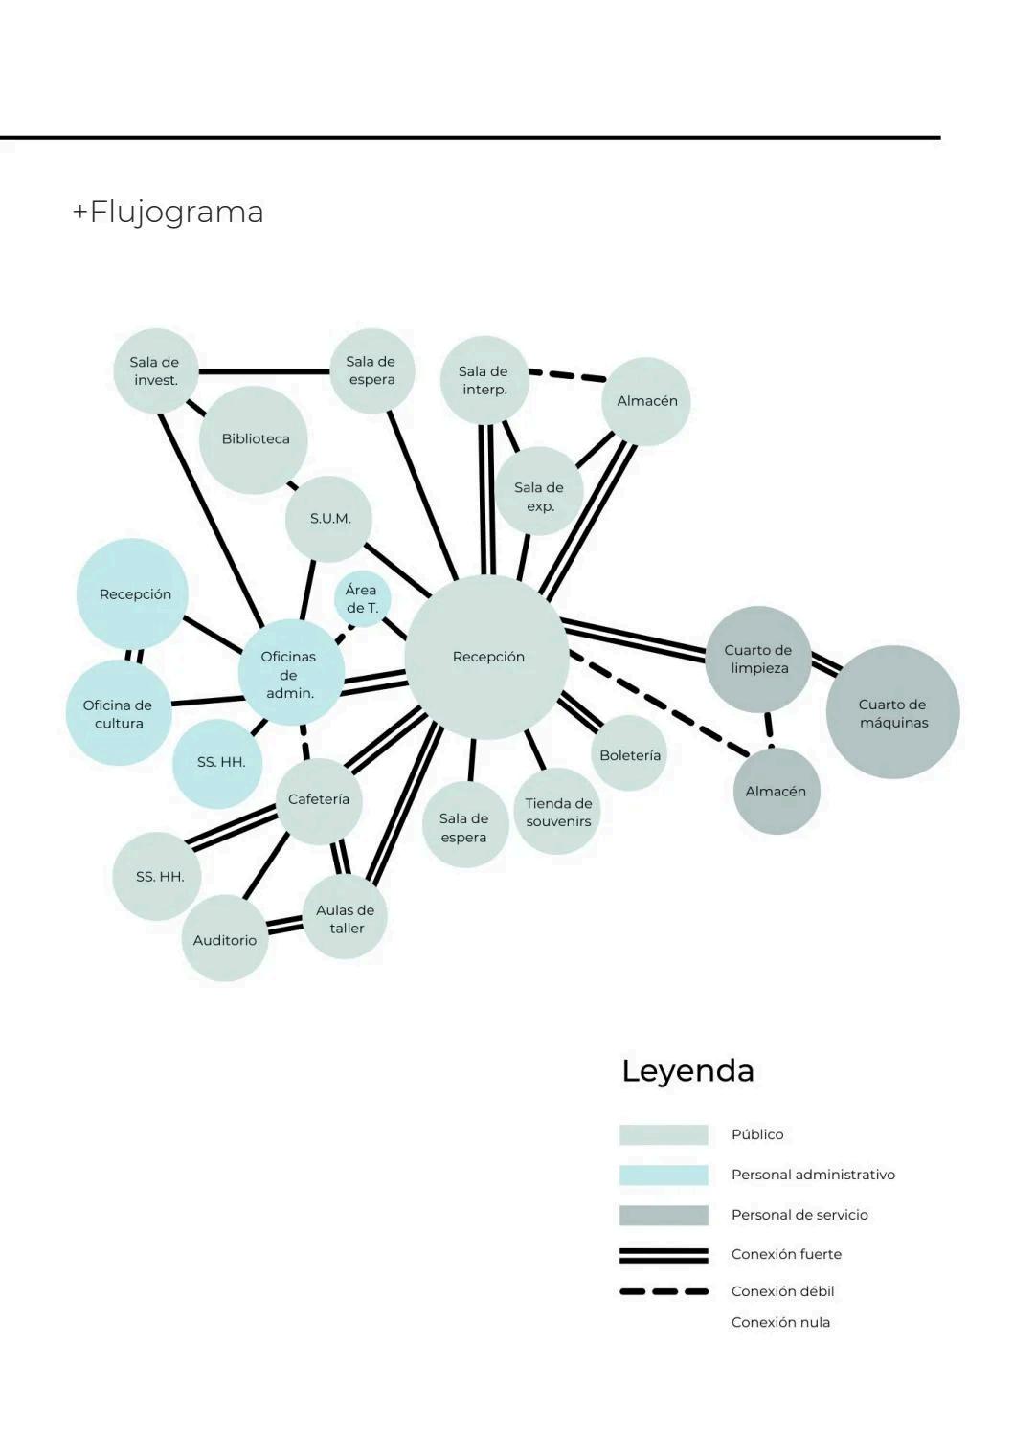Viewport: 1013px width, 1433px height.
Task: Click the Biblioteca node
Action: pos(254,439)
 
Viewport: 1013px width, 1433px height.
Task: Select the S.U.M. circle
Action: pos(329,519)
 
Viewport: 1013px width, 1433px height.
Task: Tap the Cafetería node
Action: pos(319,800)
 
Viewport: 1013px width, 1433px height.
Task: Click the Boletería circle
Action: pos(629,755)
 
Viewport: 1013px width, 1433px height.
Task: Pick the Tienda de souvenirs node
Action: pos(558,812)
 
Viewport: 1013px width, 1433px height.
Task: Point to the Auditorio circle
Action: pos(225,940)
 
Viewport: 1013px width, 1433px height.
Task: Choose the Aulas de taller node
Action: pos(346,919)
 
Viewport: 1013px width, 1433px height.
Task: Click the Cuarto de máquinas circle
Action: pos(892,713)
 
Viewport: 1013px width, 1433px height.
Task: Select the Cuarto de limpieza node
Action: pos(758,660)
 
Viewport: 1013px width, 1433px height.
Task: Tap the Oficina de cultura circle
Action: pos(119,714)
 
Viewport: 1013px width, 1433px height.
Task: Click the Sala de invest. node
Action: pos(155,371)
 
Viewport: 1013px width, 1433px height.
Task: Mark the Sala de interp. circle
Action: pos(484,380)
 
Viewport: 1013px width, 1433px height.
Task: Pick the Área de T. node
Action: pos(362,599)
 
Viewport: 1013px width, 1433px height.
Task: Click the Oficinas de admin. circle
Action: pos(289,674)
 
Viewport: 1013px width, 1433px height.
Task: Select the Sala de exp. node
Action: pos(539,497)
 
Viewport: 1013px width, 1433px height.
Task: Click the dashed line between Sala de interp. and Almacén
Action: pos(567,375)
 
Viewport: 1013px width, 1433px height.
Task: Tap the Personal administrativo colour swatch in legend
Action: pos(664,1175)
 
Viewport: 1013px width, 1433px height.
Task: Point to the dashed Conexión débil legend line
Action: pos(664,1291)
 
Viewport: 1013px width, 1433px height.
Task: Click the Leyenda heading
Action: pos(687,1070)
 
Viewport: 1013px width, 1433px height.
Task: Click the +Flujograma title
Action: pos(168,212)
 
